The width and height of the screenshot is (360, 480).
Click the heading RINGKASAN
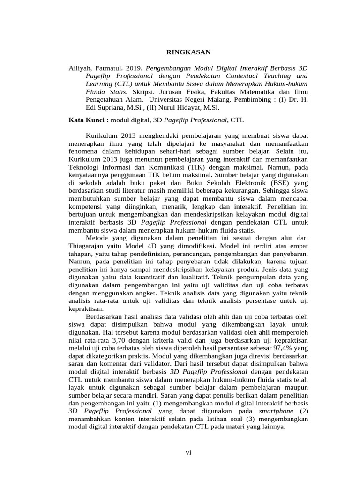click(x=189, y=52)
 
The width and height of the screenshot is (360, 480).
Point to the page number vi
click(x=188, y=452)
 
